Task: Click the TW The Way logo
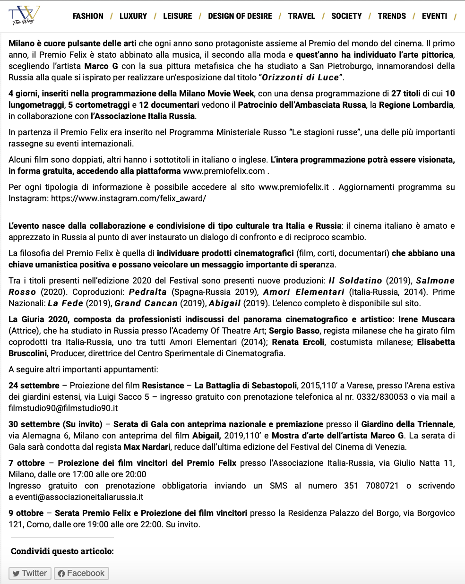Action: pos(24,16)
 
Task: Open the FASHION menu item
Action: pos(88,16)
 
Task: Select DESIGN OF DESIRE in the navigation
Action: pos(240,16)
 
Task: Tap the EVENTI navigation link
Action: pos(434,16)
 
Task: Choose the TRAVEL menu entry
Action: pos(301,16)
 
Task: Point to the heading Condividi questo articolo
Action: pos(62,551)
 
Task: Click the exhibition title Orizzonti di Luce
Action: pos(301,77)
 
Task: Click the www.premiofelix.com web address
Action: pos(224,171)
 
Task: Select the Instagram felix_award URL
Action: pos(129,198)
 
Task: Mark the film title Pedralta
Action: pos(147,292)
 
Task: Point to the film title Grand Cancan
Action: pos(146,303)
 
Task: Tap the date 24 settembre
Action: pos(34,386)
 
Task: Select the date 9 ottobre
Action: pos(26,513)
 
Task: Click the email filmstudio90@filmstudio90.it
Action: pos(63,408)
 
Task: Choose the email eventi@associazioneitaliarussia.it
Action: pos(79,497)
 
